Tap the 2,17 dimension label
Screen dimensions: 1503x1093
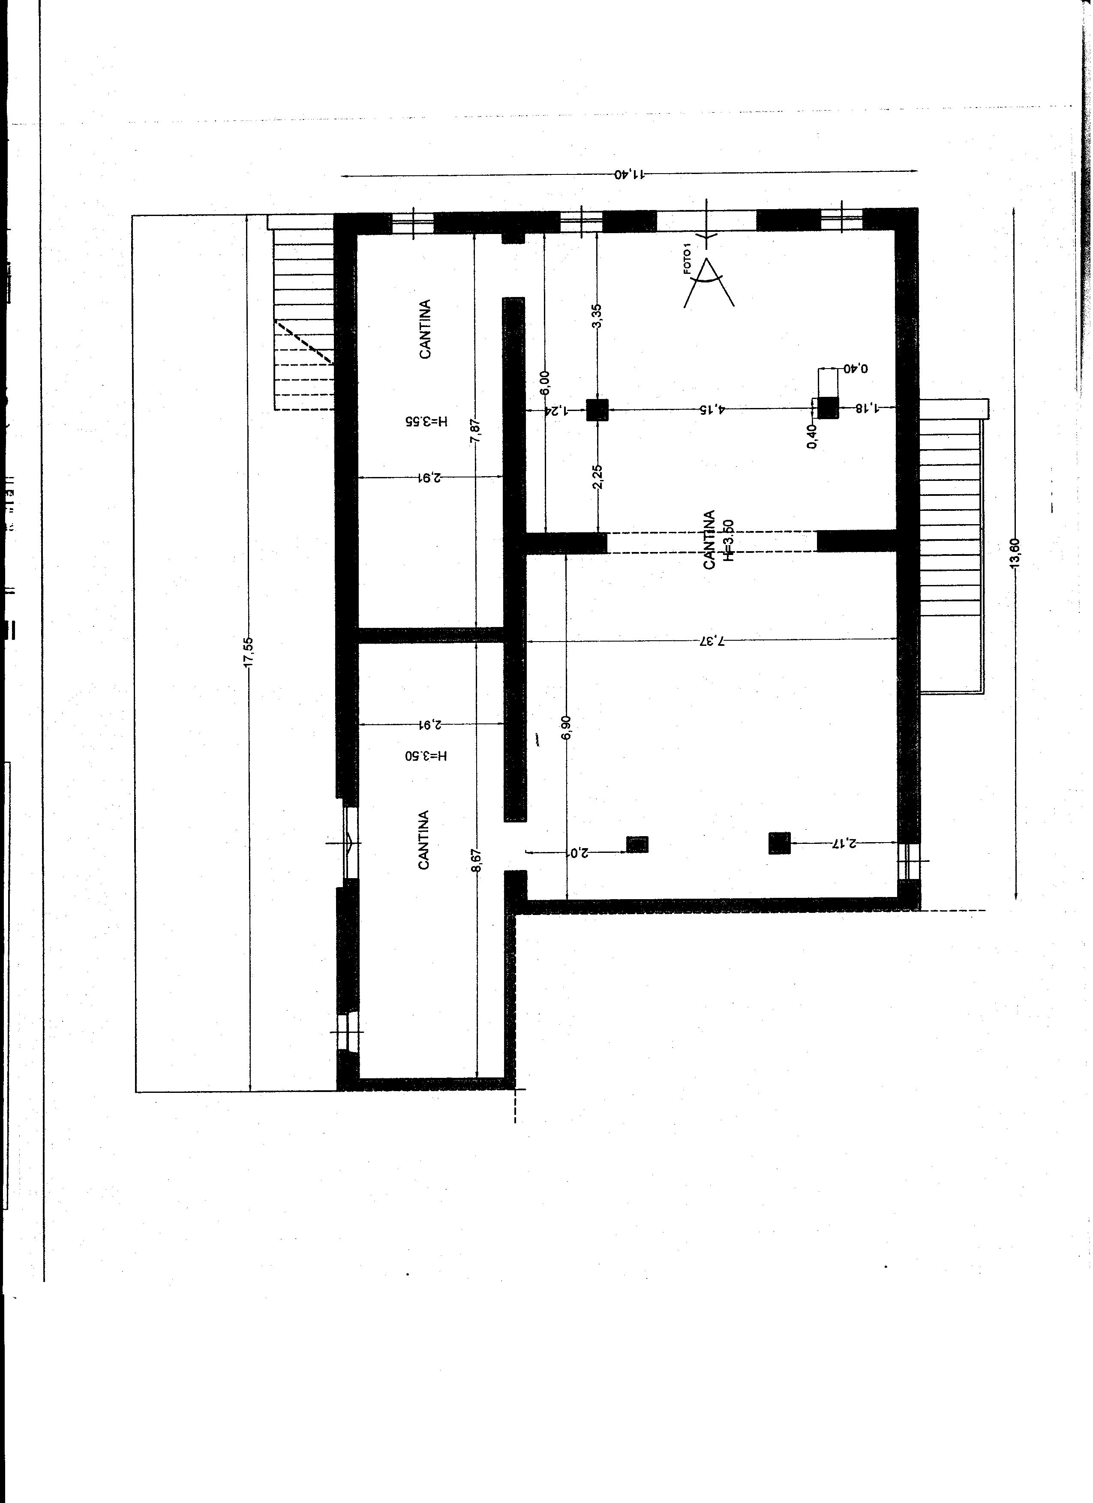pos(844,843)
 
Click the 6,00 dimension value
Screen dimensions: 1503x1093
pos(544,382)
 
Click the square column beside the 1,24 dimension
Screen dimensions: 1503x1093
pos(597,410)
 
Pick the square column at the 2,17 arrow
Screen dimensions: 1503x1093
pos(780,843)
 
